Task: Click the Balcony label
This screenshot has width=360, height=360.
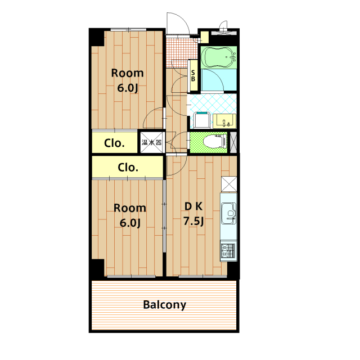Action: point(165,305)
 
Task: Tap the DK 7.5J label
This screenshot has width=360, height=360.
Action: point(193,214)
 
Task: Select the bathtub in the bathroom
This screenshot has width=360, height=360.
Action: point(219,57)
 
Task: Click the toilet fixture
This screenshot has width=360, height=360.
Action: point(215,141)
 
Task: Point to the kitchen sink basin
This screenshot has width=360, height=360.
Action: point(229,213)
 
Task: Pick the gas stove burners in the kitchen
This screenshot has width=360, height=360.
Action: point(228,250)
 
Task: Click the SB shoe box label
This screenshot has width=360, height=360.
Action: point(193,76)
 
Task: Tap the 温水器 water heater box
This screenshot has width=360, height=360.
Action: point(151,142)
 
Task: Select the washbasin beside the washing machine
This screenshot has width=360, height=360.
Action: point(224,121)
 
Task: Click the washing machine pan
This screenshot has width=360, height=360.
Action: point(201,120)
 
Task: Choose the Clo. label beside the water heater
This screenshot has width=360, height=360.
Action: point(114,143)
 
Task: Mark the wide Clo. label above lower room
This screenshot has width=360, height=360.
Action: point(128,168)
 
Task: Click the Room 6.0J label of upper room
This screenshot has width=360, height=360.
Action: point(128,80)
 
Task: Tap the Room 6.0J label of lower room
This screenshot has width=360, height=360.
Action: point(130,215)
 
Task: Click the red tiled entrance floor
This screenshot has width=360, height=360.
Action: point(181,52)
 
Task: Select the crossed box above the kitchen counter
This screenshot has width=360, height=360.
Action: point(229,184)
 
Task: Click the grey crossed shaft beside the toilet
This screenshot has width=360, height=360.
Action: point(233,142)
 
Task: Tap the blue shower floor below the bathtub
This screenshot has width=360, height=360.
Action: point(219,80)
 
